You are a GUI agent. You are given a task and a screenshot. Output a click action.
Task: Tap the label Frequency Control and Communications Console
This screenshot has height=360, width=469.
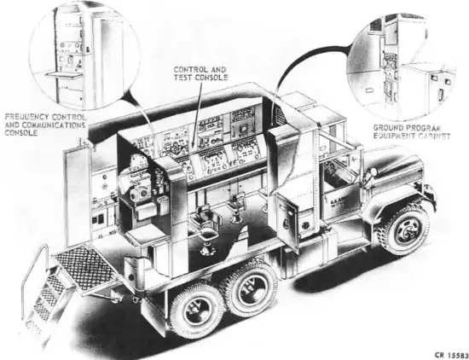(44, 124)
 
